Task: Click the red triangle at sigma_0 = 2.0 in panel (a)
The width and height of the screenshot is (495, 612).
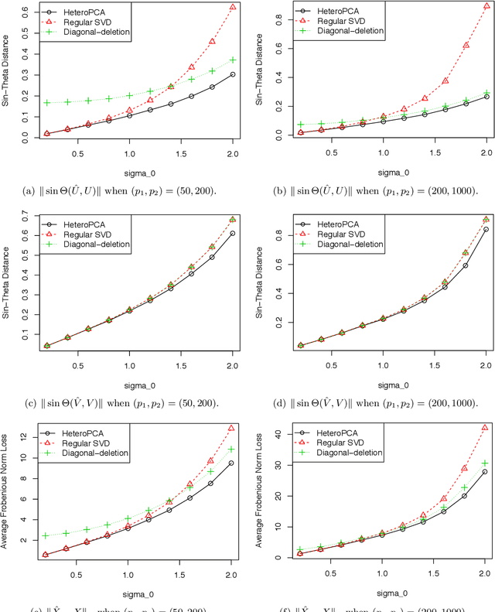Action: click(233, 7)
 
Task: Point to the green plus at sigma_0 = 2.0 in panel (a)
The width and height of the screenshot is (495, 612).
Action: click(233, 60)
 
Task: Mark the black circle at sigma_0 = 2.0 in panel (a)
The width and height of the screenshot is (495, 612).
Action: click(233, 74)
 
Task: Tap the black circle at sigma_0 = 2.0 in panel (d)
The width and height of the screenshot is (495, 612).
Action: click(485, 229)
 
